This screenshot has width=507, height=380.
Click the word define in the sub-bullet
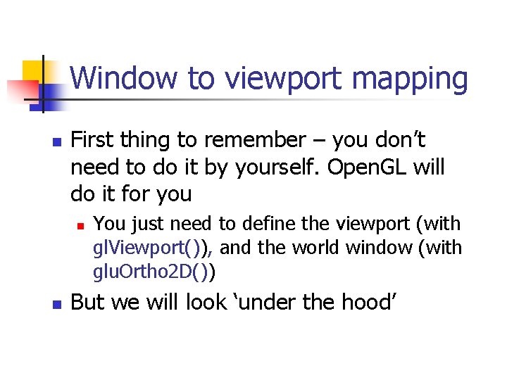[268, 224]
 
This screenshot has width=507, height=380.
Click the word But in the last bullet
[87, 303]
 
